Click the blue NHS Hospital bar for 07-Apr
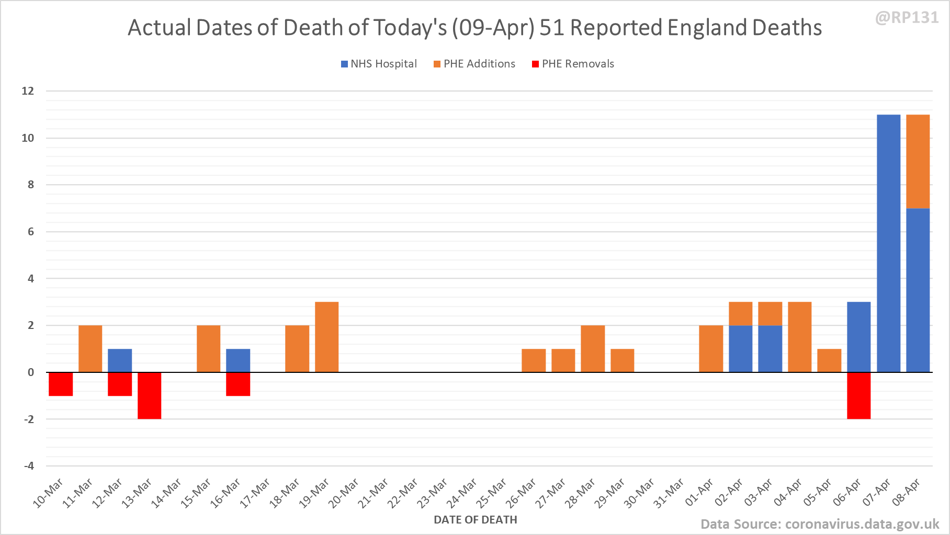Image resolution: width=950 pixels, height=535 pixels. (888, 243)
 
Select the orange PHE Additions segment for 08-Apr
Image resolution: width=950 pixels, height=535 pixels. (918, 161)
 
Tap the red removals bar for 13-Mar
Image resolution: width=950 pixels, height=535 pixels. (149, 395)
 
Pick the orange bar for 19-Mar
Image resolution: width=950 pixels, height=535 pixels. (326, 337)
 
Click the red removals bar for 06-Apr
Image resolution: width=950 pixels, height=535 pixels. (858, 395)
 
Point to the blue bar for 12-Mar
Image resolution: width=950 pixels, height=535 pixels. (120, 360)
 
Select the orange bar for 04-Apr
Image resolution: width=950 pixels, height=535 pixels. (799, 337)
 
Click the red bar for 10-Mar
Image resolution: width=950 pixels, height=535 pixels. (61, 384)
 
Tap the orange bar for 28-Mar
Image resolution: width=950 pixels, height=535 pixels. (593, 348)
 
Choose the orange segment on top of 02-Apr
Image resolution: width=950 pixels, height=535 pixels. (740, 313)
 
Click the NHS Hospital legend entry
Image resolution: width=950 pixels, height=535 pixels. (379, 64)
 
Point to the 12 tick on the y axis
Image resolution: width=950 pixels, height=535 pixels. (28, 91)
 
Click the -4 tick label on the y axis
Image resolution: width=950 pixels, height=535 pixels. (29, 466)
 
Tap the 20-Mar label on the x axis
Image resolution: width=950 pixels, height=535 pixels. (344, 493)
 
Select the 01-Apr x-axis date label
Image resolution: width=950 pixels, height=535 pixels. (699, 493)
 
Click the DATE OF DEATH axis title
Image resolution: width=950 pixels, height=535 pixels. (475, 520)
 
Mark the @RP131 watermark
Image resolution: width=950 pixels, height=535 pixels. (907, 18)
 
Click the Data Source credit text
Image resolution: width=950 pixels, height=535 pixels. (820, 524)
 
